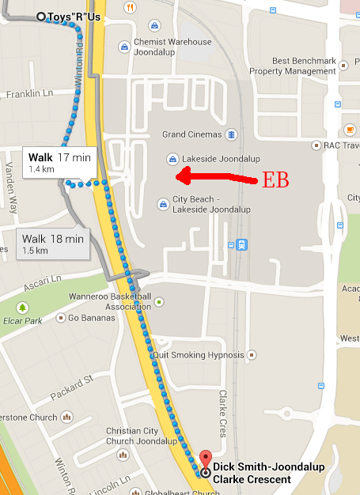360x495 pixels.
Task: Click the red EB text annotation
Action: (x=275, y=179)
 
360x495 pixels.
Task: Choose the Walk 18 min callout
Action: (x=52, y=243)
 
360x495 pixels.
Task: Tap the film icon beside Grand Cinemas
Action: (x=230, y=134)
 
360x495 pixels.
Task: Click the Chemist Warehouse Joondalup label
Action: (x=172, y=47)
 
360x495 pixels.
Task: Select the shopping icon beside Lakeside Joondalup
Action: (x=172, y=158)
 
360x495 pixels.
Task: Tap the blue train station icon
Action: (x=241, y=244)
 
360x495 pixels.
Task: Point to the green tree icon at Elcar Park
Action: (x=23, y=307)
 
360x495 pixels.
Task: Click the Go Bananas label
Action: (x=91, y=318)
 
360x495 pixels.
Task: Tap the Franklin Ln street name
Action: (x=28, y=93)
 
